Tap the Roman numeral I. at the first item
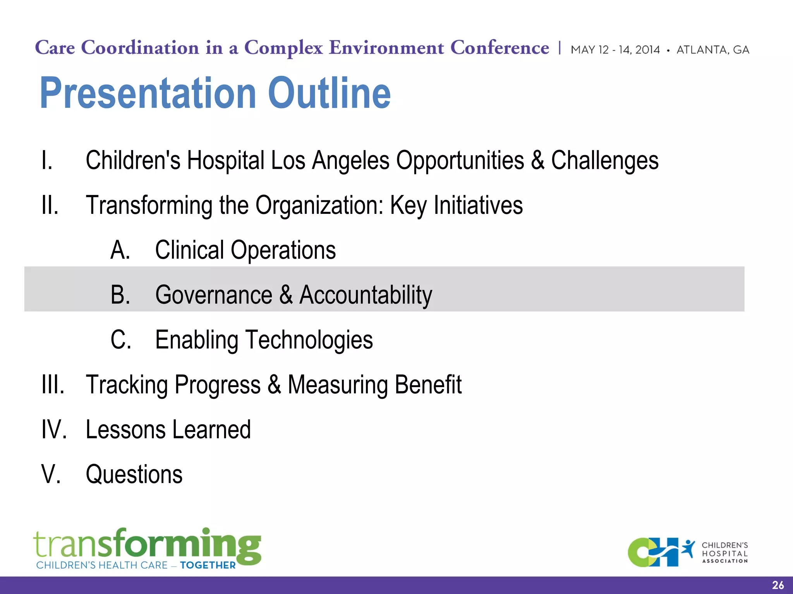pos(47,160)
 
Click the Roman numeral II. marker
pos(50,205)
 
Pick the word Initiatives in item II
pos(478,205)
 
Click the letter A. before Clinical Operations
pos(120,250)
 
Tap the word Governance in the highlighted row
pos(214,295)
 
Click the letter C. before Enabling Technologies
pos(120,340)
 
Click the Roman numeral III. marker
pos(53,385)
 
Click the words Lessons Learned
pos(168,430)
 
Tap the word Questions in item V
pos(134,475)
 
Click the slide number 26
pos(778,585)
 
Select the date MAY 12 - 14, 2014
pos(615,50)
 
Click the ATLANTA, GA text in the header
pos(712,50)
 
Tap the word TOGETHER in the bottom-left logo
pos(208,565)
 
